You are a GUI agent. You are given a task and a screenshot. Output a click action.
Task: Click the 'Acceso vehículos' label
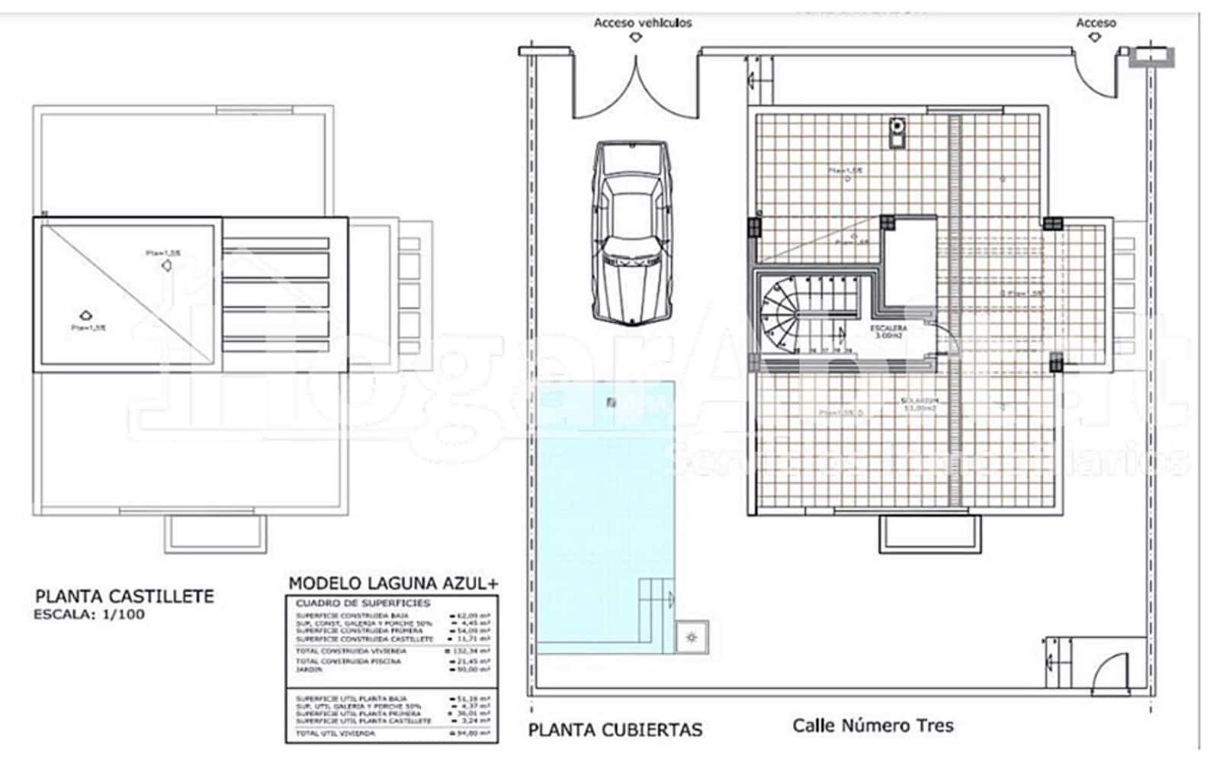click(642, 23)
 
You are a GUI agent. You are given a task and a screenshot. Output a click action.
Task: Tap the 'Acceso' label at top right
click(1095, 23)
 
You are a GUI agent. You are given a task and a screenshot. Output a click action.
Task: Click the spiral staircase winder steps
click(778, 317)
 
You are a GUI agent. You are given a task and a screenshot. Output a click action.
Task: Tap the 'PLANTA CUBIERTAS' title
click(615, 730)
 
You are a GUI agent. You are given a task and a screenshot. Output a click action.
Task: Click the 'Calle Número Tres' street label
click(872, 725)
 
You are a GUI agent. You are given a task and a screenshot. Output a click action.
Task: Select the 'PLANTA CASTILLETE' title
click(124, 596)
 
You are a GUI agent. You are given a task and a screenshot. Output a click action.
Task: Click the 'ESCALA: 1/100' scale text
click(89, 614)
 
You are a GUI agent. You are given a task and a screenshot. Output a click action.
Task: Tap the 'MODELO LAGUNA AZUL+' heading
click(393, 584)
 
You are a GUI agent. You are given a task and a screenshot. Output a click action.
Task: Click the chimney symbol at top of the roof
click(897, 132)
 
